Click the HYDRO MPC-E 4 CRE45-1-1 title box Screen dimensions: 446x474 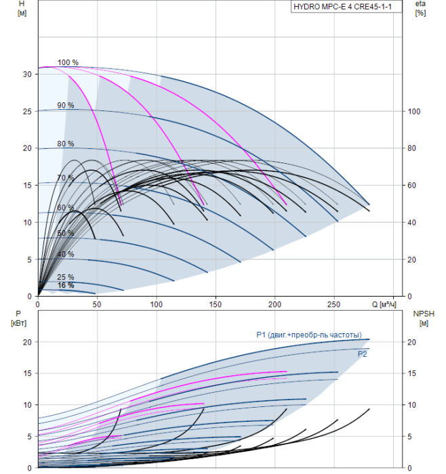[x=346, y=7]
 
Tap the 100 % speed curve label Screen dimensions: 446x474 [x=68, y=62]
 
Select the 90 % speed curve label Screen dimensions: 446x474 [x=66, y=105]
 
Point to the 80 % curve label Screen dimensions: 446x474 [x=66, y=144]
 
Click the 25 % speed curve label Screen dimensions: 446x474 [x=66, y=277]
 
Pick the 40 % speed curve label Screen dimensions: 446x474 [x=66, y=254]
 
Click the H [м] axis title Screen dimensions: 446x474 [x=22, y=8]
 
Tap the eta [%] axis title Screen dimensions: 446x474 [x=421, y=8]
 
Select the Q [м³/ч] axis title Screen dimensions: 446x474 [x=384, y=304]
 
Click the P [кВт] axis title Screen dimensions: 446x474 [x=18, y=318]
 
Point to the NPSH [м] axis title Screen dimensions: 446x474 [x=424, y=318]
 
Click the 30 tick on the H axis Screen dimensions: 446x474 [x=27, y=74]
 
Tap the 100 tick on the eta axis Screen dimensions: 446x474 [x=414, y=112]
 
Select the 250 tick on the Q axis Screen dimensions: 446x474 [x=333, y=305]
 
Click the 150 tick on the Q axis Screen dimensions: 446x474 [x=215, y=305]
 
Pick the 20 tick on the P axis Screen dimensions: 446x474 [x=27, y=342]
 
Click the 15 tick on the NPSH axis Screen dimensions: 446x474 [x=411, y=373]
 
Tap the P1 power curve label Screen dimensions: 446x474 [x=309, y=335]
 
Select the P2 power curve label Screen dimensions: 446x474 [x=362, y=354]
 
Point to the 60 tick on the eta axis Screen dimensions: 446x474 [x=411, y=186]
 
